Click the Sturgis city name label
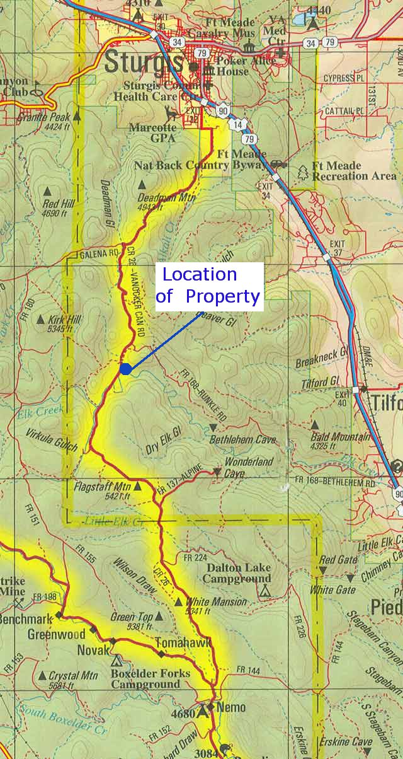tap(143, 62)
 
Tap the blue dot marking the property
tap(125, 369)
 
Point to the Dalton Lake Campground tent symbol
tap(265, 591)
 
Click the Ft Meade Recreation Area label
tap(354, 171)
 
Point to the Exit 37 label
tap(338, 248)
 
